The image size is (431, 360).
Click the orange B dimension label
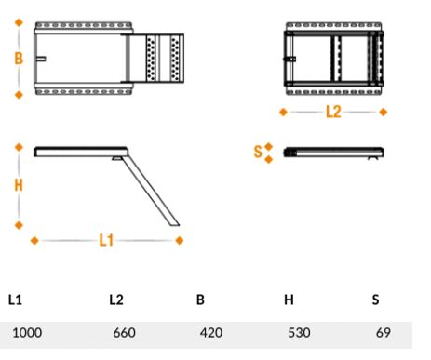19,58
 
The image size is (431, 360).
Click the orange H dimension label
19,185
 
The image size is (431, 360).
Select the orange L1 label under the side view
106,240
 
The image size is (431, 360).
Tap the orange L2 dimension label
333,112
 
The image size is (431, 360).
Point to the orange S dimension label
258,152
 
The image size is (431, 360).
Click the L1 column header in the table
15,300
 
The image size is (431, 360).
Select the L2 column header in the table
116,300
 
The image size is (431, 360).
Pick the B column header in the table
200,300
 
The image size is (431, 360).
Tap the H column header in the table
289,300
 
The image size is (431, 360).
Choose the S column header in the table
375,300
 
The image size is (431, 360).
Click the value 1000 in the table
27,333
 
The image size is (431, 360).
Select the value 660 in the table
124,333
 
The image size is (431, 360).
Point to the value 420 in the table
211,333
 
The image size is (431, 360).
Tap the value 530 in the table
299,333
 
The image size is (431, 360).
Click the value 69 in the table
384,333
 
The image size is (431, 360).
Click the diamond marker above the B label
19,22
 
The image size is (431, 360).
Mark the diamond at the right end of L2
384,112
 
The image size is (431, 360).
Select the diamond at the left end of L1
34,240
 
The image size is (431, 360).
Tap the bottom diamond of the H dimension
19,225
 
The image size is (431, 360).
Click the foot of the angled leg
174,224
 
